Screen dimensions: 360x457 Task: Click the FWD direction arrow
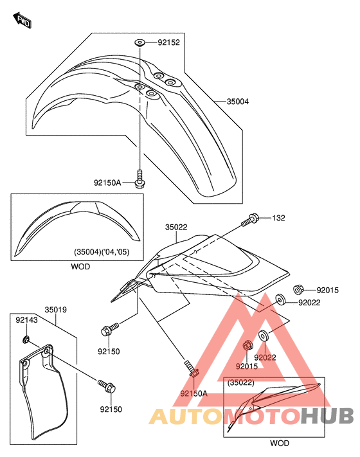[x=22, y=20]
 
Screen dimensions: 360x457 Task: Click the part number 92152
[x=169, y=42]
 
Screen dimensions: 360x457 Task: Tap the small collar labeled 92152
[x=140, y=43]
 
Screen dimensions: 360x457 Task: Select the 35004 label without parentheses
[x=238, y=102]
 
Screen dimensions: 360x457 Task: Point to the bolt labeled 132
[x=251, y=220]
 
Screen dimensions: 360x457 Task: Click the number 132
[x=278, y=218]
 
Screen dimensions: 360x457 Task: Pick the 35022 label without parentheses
[x=176, y=227]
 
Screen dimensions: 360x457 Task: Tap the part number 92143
[x=26, y=319]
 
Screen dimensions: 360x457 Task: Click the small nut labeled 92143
[x=26, y=339]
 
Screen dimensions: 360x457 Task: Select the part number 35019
[x=56, y=310]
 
